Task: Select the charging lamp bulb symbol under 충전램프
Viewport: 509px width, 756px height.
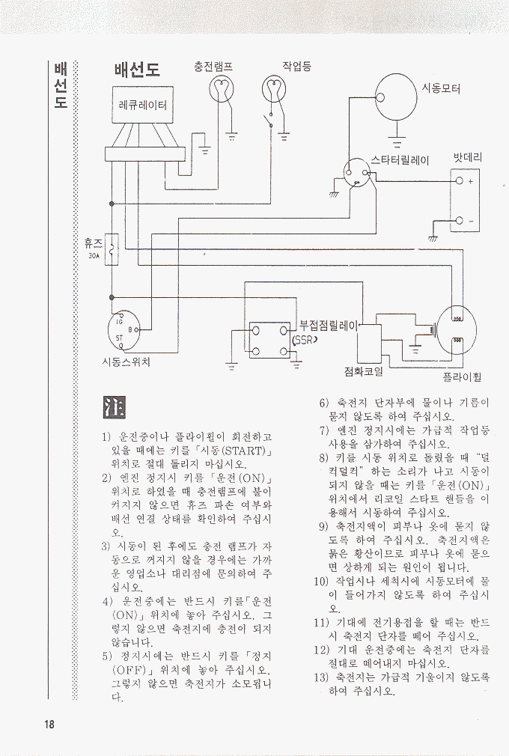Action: (221, 91)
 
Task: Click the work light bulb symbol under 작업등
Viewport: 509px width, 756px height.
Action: (274, 91)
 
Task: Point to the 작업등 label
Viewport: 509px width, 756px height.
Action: (297, 67)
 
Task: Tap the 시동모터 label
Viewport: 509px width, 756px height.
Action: (441, 88)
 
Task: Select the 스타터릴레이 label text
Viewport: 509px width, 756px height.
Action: (400, 160)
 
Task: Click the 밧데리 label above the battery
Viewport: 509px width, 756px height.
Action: (468, 158)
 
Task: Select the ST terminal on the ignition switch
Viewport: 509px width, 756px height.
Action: (119, 338)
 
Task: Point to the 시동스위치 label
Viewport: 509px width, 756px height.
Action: (126, 362)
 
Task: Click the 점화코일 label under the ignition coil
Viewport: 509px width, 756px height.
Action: (364, 371)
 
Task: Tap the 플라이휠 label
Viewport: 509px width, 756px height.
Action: (461, 377)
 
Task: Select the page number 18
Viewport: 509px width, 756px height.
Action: (49, 724)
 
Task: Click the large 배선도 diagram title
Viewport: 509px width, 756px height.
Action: (137, 70)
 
